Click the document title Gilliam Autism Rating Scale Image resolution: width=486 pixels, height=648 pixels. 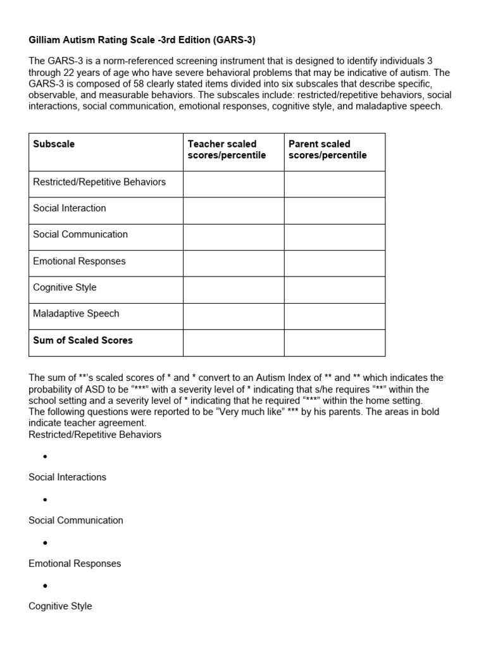142,40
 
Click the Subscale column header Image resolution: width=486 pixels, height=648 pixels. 54,144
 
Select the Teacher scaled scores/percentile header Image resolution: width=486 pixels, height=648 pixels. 227,150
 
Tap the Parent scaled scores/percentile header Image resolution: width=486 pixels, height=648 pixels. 327,150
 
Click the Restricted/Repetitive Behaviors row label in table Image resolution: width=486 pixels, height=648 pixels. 99,182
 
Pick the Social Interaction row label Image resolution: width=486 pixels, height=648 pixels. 70,208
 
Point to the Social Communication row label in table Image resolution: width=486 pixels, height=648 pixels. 80,235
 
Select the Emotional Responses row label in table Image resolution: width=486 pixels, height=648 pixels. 79,261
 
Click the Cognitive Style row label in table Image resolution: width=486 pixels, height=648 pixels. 65,287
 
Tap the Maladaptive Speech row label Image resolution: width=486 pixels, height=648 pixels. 76,314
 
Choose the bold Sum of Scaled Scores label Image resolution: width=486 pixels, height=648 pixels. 83,340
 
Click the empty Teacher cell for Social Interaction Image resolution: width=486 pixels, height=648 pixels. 234,210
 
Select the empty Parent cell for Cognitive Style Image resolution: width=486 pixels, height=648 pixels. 334,290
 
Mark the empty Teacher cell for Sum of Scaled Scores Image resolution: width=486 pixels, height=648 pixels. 234,343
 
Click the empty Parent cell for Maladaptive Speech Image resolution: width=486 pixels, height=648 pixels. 334,316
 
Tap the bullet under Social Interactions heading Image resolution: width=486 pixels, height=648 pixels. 45,500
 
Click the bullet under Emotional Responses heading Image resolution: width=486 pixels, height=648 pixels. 45,586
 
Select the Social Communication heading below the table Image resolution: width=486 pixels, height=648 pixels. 76,520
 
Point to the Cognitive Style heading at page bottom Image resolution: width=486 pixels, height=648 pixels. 60,606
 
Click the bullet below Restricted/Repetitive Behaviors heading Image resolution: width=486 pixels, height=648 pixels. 45,457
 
